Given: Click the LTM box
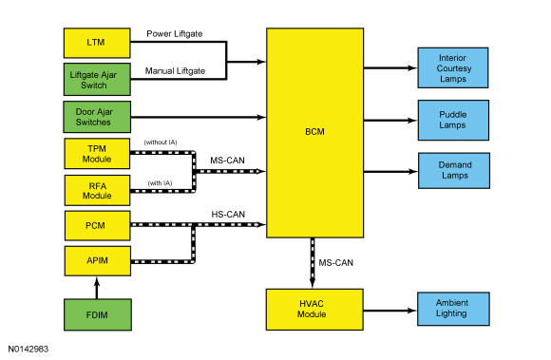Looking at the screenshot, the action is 97,43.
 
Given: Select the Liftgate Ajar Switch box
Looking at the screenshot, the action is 97,80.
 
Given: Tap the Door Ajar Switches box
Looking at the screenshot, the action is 97,117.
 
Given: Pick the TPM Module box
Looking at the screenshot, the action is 97,154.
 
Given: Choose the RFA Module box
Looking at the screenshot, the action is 97,190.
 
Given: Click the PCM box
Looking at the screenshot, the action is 97,225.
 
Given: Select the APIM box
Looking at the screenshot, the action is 98,260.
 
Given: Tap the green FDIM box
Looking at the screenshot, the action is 98,314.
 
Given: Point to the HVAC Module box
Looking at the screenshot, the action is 314,310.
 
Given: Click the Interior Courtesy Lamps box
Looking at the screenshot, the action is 453,67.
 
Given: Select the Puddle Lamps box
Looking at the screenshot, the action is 453,120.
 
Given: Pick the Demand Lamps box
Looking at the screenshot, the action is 454,171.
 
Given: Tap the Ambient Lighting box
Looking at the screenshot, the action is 453,309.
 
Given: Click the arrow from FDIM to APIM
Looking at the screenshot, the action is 97,288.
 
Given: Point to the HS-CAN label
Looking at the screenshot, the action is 228,215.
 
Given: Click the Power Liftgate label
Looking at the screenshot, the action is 174,33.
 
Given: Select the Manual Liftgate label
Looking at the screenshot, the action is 175,71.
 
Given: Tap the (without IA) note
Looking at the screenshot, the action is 161,142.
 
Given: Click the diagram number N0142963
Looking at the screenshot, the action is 28,349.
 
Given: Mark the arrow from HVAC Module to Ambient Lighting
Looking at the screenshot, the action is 390,311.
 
